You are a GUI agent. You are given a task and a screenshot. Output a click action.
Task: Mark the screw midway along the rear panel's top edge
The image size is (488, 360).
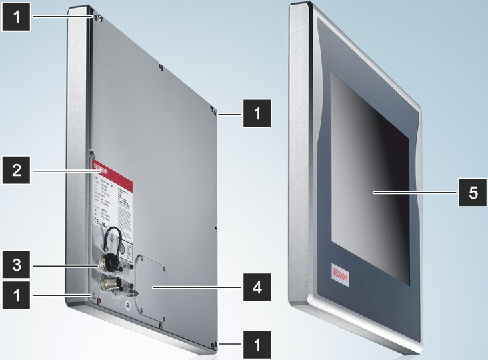click(161, 67)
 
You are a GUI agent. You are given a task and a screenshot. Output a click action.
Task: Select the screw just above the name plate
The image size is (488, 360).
click(94, 151)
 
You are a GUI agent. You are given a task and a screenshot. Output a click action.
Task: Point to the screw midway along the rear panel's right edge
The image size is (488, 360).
click(217, 227)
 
